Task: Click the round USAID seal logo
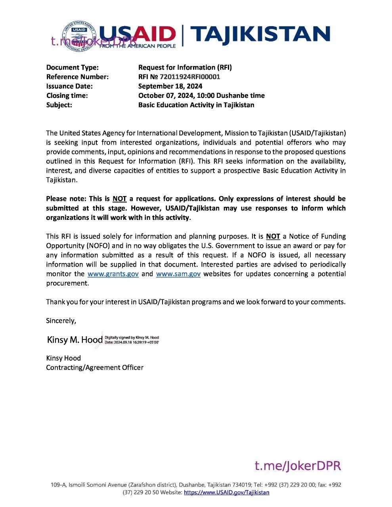click(79, 36)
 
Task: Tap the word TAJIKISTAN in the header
click(260, 35)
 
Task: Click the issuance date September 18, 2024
click(170, 86)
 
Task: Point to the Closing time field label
click(67, 95)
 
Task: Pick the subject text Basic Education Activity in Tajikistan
click(196, 105)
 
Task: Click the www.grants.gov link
click(113, 274)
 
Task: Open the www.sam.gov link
click(178, 274)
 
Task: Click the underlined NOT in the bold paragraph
click(119, 199)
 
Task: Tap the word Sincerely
click(61, 321)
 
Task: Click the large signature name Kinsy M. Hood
click(75, 339)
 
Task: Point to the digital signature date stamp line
click(132, 342)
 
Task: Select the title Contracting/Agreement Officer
click(95, 368)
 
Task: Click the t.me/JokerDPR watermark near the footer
click(298, 466)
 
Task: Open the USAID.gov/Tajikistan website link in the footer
click(227, 493)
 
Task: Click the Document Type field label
click(73, 67)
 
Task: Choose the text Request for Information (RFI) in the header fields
click(185, 67)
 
